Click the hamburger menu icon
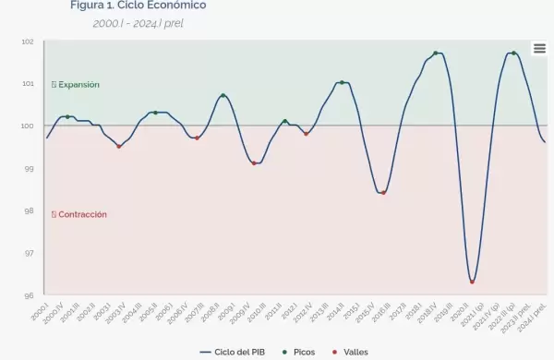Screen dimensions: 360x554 pyautogui.click(x=539, y=49)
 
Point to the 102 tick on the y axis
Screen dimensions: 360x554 pyautogui.click(x=28, y=42)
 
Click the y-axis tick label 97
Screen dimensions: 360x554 pyautogui.click(x=28, y=253)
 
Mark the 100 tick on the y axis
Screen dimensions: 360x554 pyautogui.click(x=28, y=126)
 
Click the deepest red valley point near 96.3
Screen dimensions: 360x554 pyautogui.click(x=472, y=282)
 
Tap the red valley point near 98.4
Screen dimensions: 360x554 pyautogui.click(x=383, y=193)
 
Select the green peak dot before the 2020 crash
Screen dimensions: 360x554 pyautogui.click(x=436, y=54)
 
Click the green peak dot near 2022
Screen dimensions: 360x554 pyautogui.click(x=513, y=54)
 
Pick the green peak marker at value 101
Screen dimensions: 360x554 pyautogui.click(x=342, y=83)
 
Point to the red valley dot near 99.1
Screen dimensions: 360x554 pyautogui.click(x=254, y=163)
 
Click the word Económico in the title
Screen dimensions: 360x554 pyautogui.click(x=176, y=6)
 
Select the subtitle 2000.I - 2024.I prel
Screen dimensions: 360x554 pyautogui.click(x=138, y=22)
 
